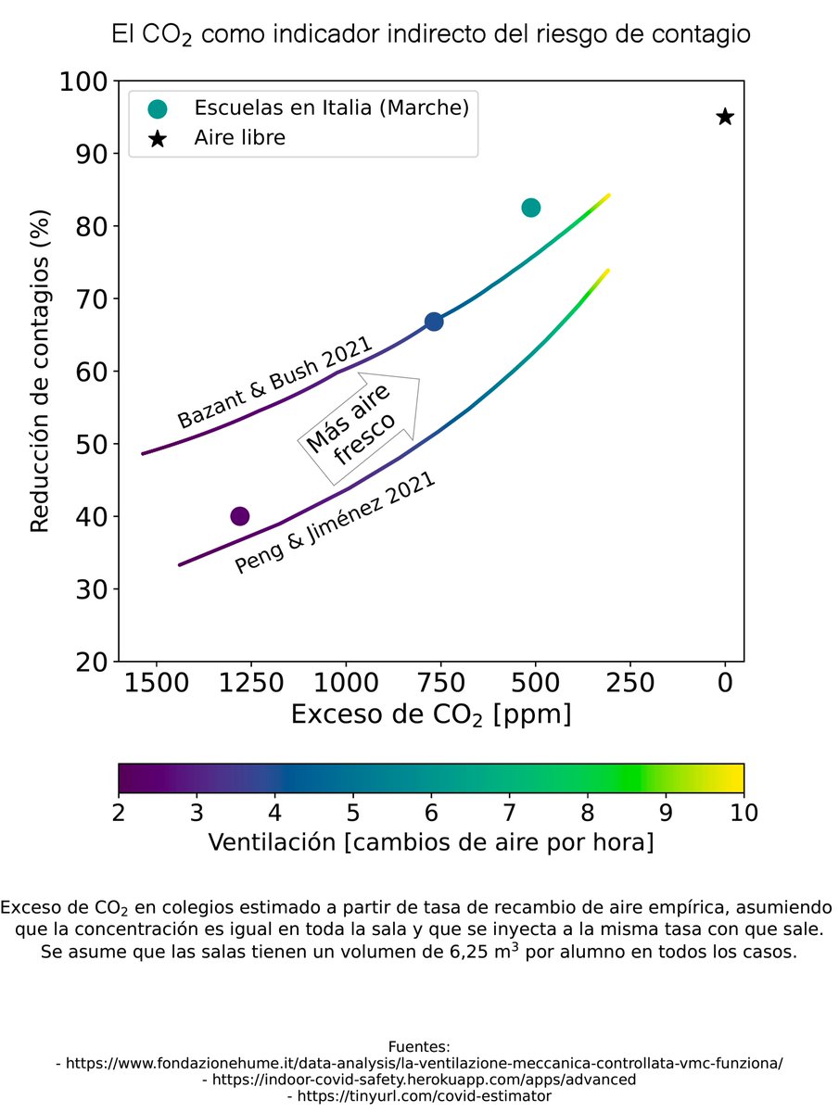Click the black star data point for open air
click(725, 117)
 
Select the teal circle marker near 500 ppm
click(530, 208)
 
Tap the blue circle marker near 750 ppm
click(433, 322)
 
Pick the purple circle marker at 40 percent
click(239, 516)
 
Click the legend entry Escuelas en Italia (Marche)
click(330, 108)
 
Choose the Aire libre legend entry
click(239, 139)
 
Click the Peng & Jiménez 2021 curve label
click(336, 525)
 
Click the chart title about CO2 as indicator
click(430, 35)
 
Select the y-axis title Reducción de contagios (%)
click(39, 371)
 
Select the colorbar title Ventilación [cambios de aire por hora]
click(430, 842)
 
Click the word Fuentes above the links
click(419, 1046)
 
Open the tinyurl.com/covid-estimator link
click(420, 1096)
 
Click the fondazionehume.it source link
click(420, 1063)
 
